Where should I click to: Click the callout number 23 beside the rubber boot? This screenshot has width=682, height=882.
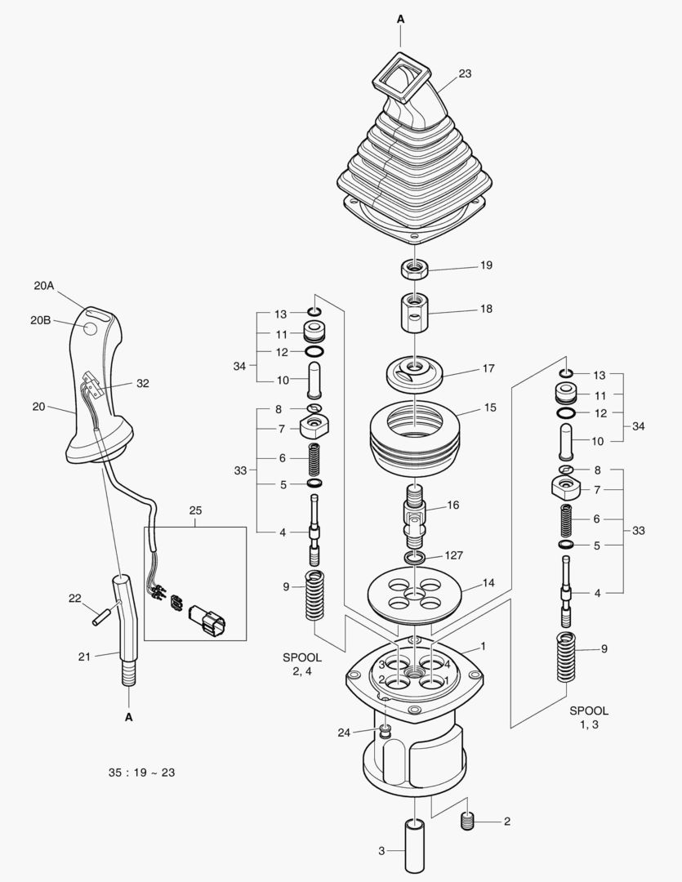pos(465,73)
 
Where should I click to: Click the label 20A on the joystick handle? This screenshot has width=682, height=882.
pos(43,286)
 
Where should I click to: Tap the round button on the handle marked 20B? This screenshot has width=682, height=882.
pos(91,328)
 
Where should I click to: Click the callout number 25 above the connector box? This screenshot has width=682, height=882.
pos(195,510)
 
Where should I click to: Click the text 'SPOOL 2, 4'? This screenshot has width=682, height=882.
pos(302,664)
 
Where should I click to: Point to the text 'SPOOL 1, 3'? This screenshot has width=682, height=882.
pos(588,718)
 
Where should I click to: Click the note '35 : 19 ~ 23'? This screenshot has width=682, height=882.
pos(141,773)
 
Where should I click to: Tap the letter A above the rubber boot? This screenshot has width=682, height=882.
pos(400,17)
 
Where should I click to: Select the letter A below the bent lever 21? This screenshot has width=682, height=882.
pos(128,718)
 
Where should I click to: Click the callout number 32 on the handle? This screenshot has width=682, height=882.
pos(143,382)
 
